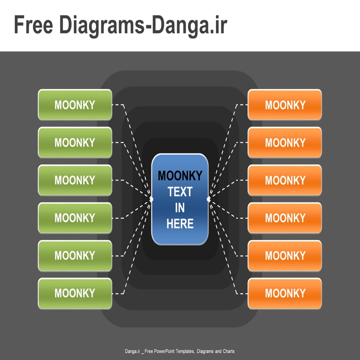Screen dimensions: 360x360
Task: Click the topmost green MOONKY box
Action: pyautogui.click(x=75, y=105)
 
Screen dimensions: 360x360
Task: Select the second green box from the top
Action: pyautogui.click(x=75, y=142)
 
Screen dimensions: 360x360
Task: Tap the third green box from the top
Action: pyautogui.click(x=75, y=180)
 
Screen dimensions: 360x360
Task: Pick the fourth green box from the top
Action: pyautogui.click(x=75, y=218)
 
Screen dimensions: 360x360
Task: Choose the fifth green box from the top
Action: pyautogui.click(x=75, y=256)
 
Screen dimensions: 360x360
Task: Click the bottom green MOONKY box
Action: pyautogui.click(x=75, y=293)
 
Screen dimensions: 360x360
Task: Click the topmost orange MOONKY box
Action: pyautogui.click(x=285, y=105)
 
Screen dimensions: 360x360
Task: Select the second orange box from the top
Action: pyautogui.click(x=285, y=142)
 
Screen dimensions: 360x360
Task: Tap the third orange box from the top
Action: pyautogui.click(x=285, y=180)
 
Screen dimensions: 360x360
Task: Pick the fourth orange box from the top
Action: pyautogui.click(x=285, y=218)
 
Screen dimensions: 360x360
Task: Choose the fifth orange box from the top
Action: pyautogui.click(x=285, y=256)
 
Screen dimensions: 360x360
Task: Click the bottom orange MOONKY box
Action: pyautogui.click(x=285, y=293)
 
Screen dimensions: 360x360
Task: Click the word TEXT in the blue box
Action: pyautogui.click(x=180, y=192)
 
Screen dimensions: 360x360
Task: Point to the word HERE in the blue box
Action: pyautogui.click(x=180, y=224)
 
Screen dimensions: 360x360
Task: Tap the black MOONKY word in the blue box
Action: pyautogui.click(x=180, y=175)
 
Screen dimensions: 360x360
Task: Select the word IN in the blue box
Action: pyautogui.click(x=180, y=208)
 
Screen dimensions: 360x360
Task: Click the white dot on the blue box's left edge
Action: pyautogui.click(x=151, y=199)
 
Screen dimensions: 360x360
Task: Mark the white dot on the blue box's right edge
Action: pyautogui.click(x=208, y=199)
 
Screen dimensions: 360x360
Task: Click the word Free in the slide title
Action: pyautogui.click(x=33, y=25)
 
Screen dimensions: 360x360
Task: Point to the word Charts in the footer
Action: pyautogui.click(x=229, y=351)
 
